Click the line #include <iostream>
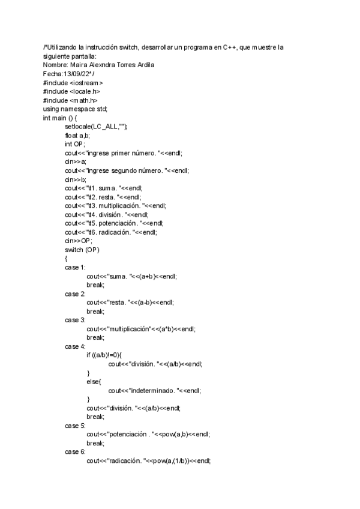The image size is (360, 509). [73, 83]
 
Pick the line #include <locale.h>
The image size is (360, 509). [71, 91]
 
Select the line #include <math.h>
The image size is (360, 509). [70, 100]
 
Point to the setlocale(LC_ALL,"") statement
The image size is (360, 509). [96, 127]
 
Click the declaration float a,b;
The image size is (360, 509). [77, 136]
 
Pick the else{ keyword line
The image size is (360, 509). [94, 381]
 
